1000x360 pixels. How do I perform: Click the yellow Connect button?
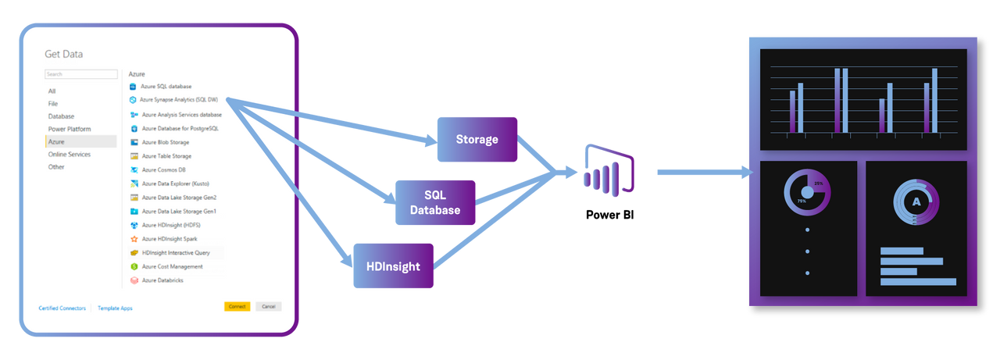[x=237, y=307]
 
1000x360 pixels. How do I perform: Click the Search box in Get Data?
[x=81, y=74]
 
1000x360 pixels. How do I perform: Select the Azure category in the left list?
[x=57, y=142]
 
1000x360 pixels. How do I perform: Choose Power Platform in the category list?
[x=70, y=129]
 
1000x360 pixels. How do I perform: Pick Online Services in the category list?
[x=70, y=155]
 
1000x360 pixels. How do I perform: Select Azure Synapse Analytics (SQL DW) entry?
[x=179, y=100]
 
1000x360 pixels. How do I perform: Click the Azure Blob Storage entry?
[x=165, y=142]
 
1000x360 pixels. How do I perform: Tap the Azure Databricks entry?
[x=162, y=280]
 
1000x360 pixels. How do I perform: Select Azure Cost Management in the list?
[x=171, y=266]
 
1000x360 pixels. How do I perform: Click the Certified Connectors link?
[x=62, y=308]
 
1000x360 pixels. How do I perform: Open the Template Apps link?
[x=115, y=308]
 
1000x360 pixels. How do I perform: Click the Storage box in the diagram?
[x=477, y=140]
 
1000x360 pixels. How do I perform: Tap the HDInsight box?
[x=393, y=266]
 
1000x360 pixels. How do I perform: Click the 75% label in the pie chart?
[x=802, y=201]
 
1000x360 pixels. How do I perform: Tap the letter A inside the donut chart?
[x=916, y=201]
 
